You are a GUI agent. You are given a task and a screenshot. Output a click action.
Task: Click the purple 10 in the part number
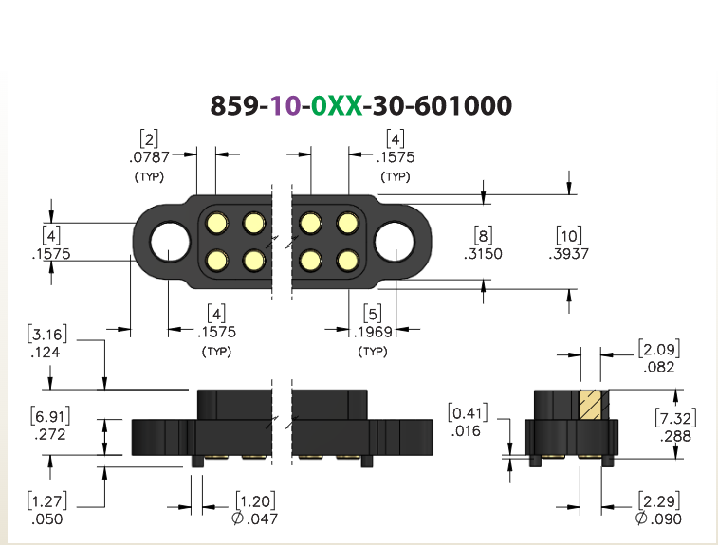pyautogui.click(x=285, y=106)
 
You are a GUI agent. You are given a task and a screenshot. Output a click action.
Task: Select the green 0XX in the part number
pyautogui.click(x=337, y=106)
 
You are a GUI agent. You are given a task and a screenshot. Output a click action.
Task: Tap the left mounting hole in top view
pyautogui.click(x=170, y=242)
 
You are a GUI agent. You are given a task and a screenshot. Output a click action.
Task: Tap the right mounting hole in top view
pyautogui.click(x=395, y=242)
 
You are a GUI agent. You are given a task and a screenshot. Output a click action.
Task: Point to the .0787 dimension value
pyautogui.click(x=149, y=157)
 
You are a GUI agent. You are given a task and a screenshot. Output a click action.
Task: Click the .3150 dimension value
pyautogui.click(x=483, y=254)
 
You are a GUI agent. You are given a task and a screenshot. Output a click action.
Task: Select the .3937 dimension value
pyautogui.click(x=569, y=254)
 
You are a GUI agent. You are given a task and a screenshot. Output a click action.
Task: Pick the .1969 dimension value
pyautogui.click(x=373, y=333)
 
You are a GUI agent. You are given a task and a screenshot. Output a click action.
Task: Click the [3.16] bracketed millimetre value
pyautogui.click(x=47, y=334)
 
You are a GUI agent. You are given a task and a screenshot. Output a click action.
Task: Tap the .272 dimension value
pyautogui.click(x=50, y=434)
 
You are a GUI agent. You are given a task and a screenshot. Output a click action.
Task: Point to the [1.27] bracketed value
pyautogui.click(x=47, y=501)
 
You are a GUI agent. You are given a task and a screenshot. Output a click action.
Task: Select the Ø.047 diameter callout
pyautogui.click(x=254, y=518)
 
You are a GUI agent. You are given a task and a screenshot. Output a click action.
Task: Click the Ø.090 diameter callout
pyautogui.click(x=658, y=518)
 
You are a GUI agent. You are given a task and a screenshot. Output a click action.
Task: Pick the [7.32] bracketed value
pyautogui.click(x=676, y=418)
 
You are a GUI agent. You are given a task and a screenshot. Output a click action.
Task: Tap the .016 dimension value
pyautogui.click(x=466, y=431)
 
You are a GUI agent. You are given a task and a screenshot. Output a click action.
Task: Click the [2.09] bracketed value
pyautogui.click(x=659, y=349)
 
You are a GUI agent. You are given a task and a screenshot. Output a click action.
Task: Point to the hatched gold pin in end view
pyautogui.click(x=591, y=405)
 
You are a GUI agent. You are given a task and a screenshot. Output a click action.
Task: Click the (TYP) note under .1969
pyautogui.click(x=373, y=352)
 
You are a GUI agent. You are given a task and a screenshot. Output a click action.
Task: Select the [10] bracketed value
pyautogui.click(x=569, y=236)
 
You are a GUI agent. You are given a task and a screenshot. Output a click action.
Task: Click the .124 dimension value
pyautogui.click(x=46, y=353)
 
